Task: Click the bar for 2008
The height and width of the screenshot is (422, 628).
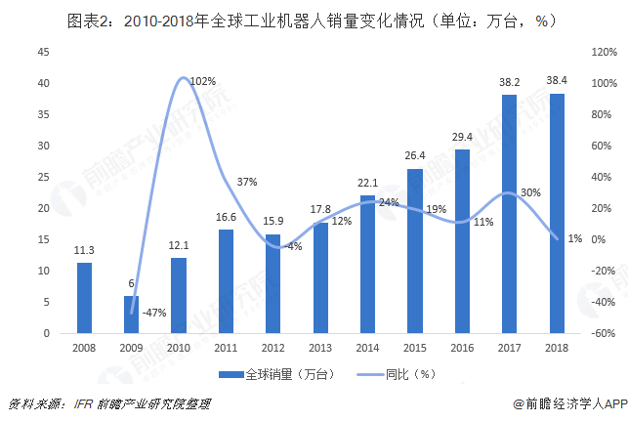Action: [85, 298]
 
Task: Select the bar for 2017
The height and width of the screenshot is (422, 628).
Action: [509, 214]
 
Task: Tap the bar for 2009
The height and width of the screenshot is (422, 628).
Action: [132, 315]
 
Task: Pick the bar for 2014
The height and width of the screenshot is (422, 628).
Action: [367, 264]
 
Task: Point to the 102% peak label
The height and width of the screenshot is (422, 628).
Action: [203, 81]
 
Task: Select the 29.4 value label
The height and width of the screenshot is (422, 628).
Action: [462, 137]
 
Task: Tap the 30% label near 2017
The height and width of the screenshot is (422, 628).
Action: [530, 192]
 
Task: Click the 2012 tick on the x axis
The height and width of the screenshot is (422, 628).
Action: [272, 348]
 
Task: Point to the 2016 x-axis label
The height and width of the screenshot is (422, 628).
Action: [461, 348]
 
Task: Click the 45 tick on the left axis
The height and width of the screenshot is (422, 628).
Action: [43, 52]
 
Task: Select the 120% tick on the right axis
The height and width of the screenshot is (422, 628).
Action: [602, 52]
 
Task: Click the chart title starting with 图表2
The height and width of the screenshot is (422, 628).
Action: [314, 19]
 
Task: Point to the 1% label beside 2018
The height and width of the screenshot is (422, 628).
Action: [575, 238]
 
